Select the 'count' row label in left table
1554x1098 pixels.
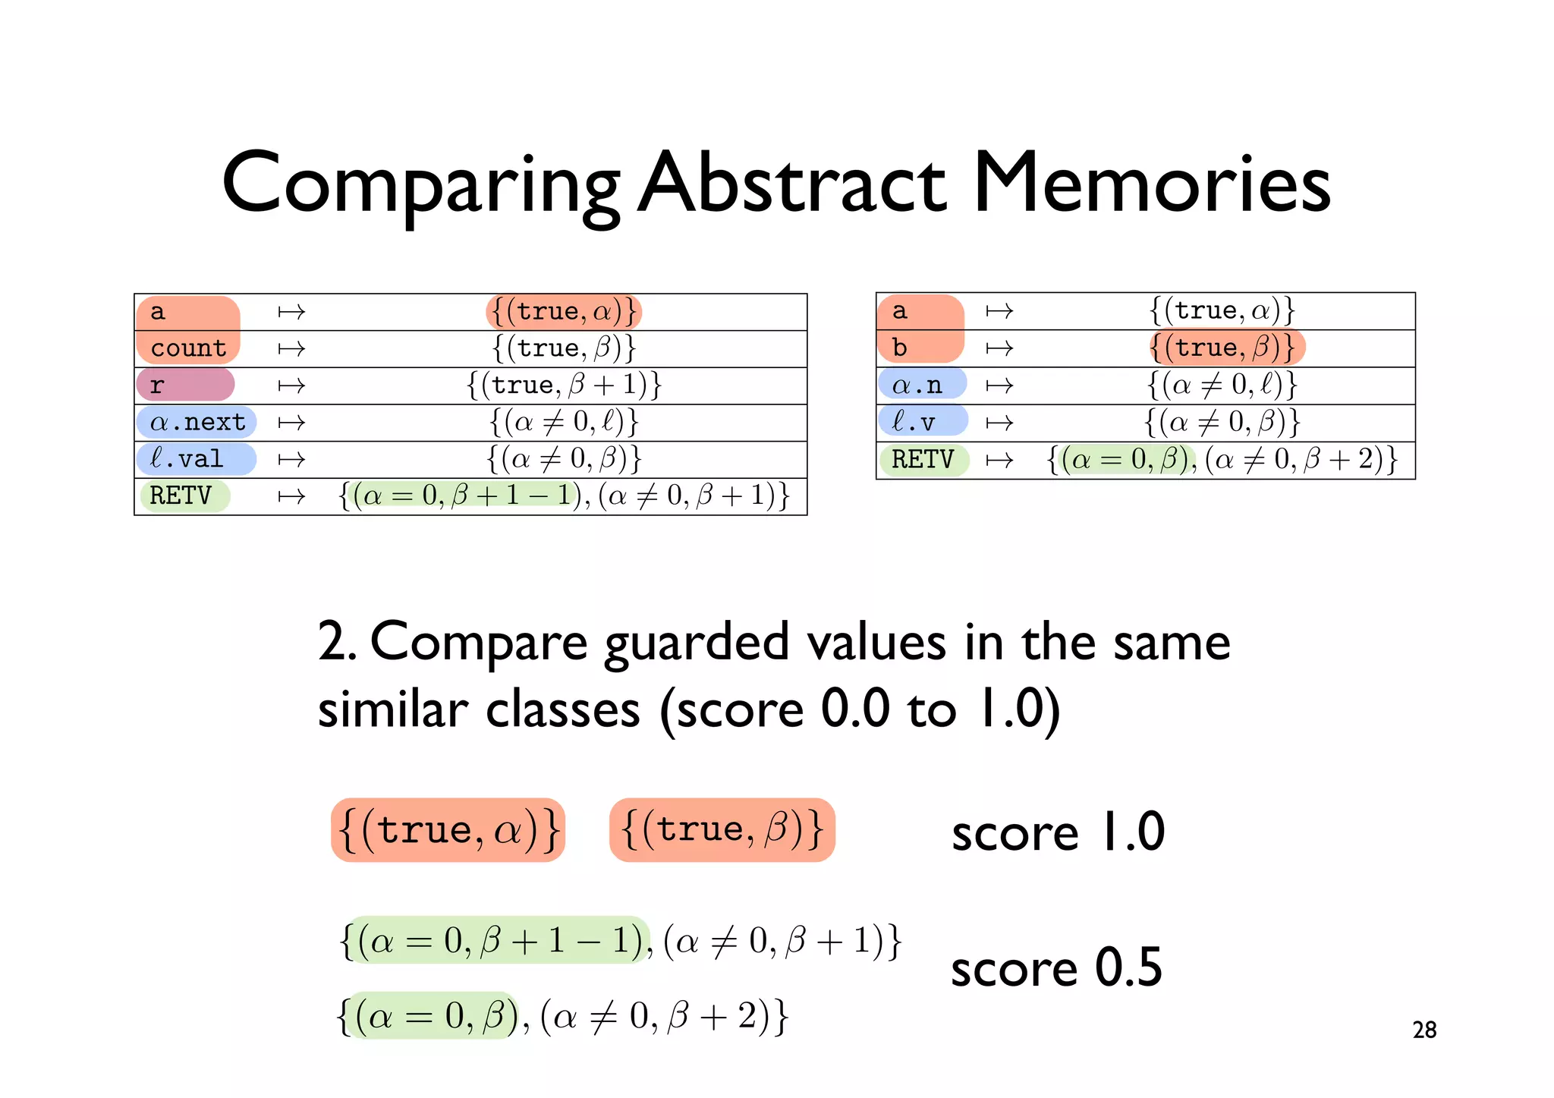click(x=188, y=348)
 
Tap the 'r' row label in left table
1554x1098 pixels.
click(x=157, y=385)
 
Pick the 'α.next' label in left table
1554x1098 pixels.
click(x=197, y=422)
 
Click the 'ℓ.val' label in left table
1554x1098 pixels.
click(x=187, y=459)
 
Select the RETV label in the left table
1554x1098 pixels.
click(x=181, y=496)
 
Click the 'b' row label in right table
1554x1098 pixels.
click(x=900, y=348)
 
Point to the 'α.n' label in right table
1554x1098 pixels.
click(x=917, y=385)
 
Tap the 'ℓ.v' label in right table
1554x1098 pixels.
click(x=914, y=422)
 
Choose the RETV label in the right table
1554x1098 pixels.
click(x=922, y=459)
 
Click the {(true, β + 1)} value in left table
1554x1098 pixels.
click(x=565, y=385)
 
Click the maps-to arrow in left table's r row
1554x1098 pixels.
click(x=291, y=385)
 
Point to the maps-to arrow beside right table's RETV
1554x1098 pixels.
click(x=999, y=460)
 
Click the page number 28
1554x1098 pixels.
click(x=1424, y=1030)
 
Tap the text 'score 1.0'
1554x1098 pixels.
click(x=1058, y=832)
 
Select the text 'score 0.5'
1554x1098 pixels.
click(x=1056, y=969)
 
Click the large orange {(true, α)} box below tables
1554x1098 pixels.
click(x=448, y=829)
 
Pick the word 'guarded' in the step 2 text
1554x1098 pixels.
click(x=697, y=643)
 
